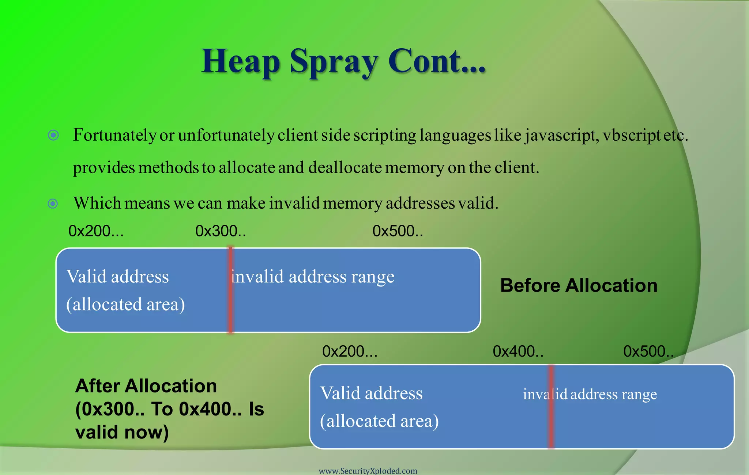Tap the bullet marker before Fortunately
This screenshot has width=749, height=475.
[53, 136]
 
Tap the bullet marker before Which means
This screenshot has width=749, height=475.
[53, 204]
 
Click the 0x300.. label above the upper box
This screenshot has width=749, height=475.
[221, 231]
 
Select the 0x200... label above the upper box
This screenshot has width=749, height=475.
[96, 231]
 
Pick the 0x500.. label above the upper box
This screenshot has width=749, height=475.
[398, 231]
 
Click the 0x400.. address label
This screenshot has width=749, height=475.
[518, 351]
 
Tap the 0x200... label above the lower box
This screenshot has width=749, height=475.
[350, 351]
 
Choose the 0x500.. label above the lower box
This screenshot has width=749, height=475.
[648, 351]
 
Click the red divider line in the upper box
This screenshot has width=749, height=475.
[230, 290]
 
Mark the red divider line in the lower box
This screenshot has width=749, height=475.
[551, 406]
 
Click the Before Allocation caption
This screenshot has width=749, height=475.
[579, 285]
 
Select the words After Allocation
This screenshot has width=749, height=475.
[146, 386]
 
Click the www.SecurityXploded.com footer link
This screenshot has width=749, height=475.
[368, 471]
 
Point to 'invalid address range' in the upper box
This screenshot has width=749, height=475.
[313, 277]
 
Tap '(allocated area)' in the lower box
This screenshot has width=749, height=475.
[379, 421]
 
